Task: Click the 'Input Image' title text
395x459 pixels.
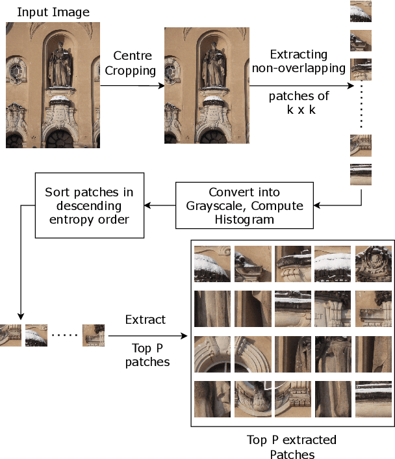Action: tap(53, 12)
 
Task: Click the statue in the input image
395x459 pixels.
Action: tap(60, 65)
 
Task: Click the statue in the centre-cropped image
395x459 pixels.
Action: tap(212, 66)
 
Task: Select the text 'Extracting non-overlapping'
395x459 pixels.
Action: tap(298, 62)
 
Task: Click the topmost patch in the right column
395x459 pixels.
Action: tap(361, 11)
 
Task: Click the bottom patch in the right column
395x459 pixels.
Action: tap(361, 174)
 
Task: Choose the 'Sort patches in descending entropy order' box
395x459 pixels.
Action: tap(88, 205)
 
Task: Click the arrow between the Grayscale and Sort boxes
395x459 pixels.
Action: tap(159, 205)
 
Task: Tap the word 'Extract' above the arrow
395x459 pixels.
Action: tap(146, 320)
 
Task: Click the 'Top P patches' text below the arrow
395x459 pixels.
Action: tap(147, 355)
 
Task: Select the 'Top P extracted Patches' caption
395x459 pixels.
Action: tap(292, 447)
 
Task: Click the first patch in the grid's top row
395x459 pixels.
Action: tap(212, 263)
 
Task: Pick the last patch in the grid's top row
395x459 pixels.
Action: tap(373, 263)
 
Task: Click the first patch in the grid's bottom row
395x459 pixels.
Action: tap(212, 398)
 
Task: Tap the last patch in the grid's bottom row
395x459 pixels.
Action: tap(373, 398)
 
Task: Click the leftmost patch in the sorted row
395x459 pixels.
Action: tap(10, 335)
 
